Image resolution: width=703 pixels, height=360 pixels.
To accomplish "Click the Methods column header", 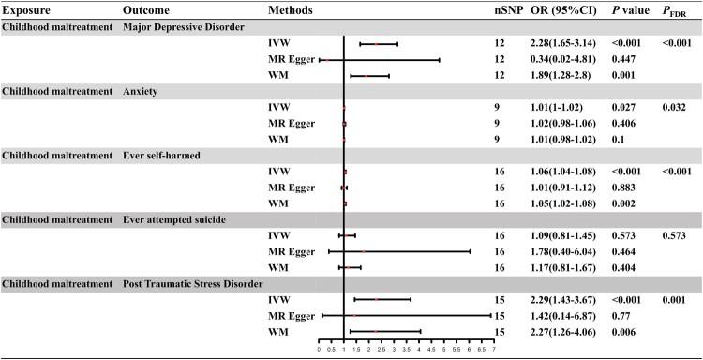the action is point(290,9).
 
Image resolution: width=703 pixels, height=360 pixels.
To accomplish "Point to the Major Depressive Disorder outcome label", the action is point(184,26).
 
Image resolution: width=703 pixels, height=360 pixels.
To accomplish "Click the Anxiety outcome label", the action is point(142,91).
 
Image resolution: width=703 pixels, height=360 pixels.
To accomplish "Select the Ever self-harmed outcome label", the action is point(168,156).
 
